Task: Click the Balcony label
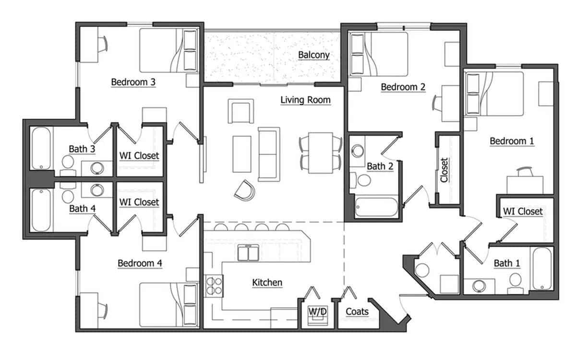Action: [x=314, y=55]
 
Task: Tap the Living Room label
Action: [x=306, y=100]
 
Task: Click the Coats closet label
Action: [x=357, y=312]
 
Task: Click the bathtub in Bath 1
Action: [x=543, y=268]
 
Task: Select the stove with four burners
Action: [x=214, y=286]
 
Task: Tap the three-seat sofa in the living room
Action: [x=269, y=154]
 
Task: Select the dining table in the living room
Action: [x=321, y=152]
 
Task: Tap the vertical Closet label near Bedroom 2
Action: [x=444, y=170]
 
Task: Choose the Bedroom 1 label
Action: [x=512, y=141]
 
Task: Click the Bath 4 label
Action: [x=82, y=208]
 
